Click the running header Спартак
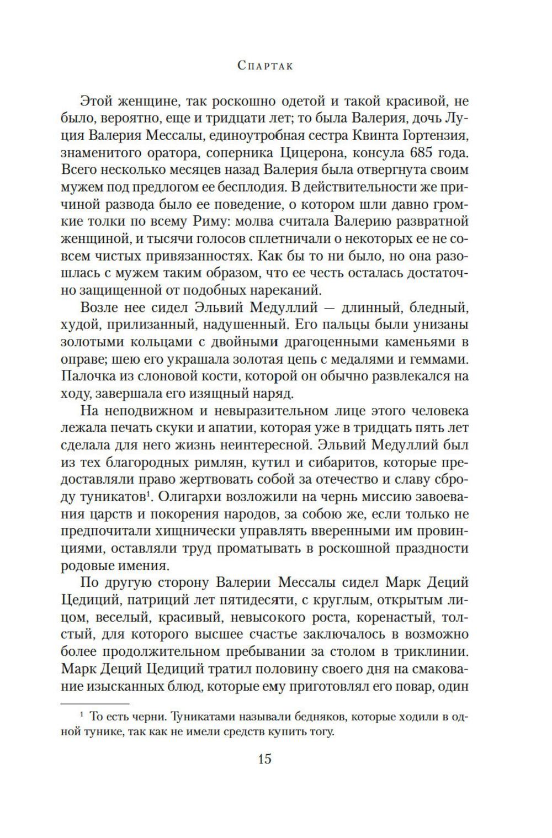(x=265, y=65)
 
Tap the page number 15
(x=264, y=759)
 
